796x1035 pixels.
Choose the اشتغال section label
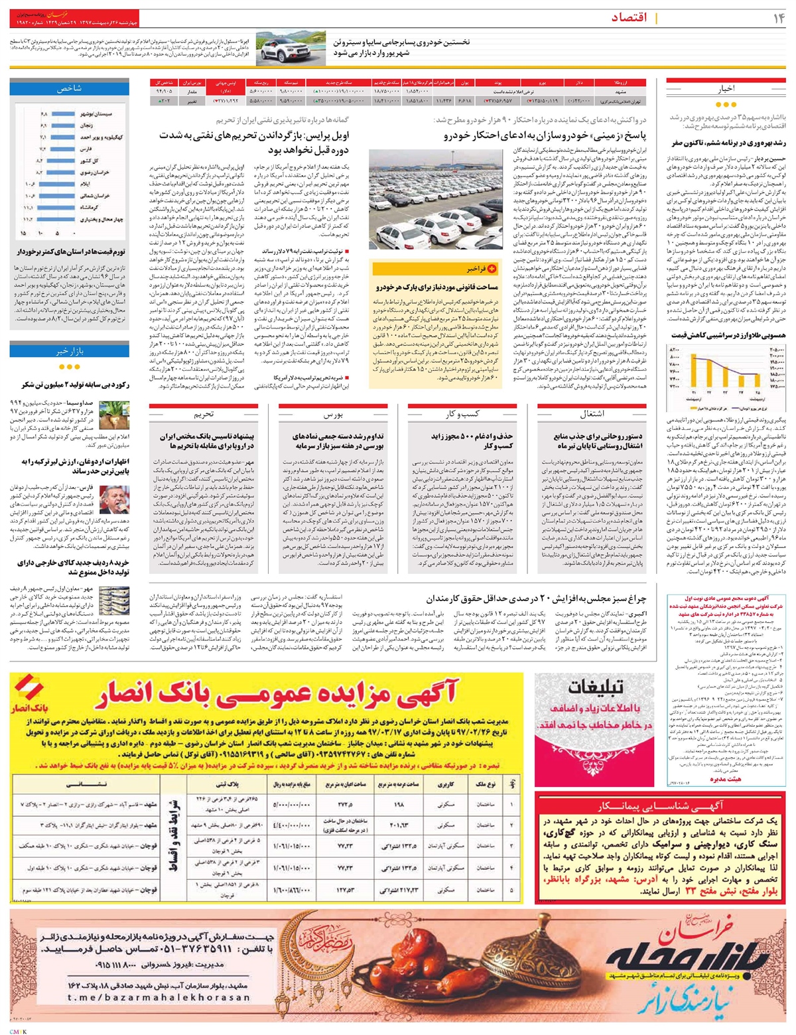593,413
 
